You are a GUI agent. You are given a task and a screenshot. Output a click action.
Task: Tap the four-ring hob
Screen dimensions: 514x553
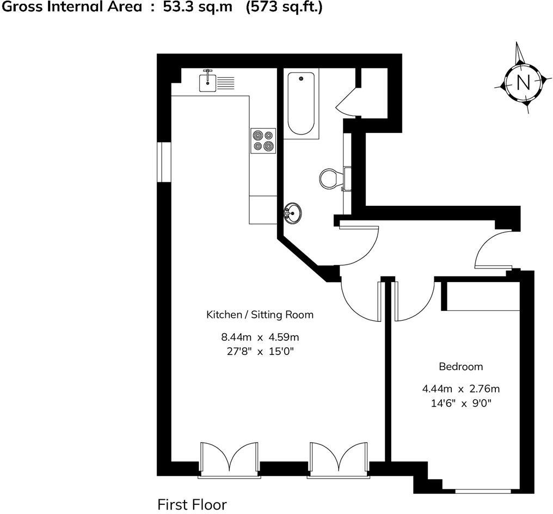(x=263, y=140)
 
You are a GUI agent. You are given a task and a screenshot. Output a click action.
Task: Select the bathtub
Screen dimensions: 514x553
(x=300, y=103)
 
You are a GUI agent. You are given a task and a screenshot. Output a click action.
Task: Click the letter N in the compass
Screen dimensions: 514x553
(x=523, y=82)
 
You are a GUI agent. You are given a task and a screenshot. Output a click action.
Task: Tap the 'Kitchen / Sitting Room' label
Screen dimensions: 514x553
(x=260, y=315)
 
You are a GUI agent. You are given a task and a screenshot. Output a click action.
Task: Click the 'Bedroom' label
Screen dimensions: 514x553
(x=461, y=366)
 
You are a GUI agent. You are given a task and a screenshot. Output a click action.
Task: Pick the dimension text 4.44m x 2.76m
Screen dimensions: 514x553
(x=461, y=389)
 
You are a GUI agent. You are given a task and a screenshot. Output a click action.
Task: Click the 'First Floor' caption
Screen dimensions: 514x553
(x=192, y=505)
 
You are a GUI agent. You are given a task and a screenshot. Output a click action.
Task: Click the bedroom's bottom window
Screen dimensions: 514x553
(x=482, y=491)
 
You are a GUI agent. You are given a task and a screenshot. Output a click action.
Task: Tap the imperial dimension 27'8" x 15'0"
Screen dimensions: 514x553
(x=260, y=351)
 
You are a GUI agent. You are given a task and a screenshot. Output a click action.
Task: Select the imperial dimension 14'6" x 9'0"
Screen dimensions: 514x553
(x=461, y=403)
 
